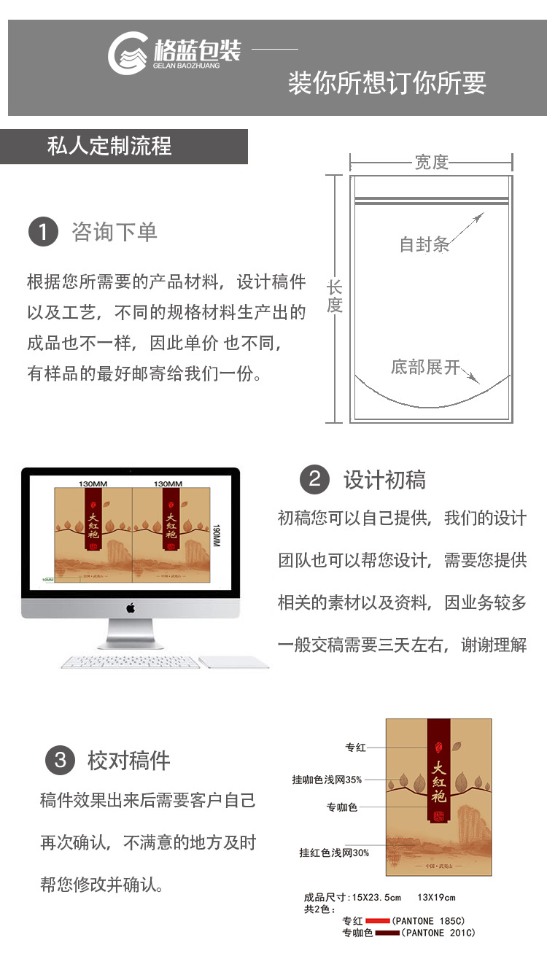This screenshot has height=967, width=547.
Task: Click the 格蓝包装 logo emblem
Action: click(129, 54)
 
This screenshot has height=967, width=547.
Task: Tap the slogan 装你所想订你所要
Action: click(387, 83)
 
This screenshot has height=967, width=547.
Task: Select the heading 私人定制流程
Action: click(109, 147)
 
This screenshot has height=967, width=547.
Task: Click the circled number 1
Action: click(43, 232)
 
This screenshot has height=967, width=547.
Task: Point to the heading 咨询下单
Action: click(115, 232)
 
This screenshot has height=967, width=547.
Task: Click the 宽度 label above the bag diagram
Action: click(431, 162)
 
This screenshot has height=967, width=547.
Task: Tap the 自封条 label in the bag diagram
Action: click(424, 245)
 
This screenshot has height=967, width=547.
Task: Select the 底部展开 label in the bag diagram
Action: click(425, 367)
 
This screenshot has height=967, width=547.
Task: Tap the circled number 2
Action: click(314, 479)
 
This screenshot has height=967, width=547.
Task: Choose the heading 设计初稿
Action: click(384, 480)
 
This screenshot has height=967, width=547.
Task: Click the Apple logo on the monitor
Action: click(131, 607)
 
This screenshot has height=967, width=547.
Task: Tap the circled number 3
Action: click(60, 761)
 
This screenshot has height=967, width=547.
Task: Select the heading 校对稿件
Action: click(129, 761)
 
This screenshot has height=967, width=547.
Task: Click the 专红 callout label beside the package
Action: click(355, 747)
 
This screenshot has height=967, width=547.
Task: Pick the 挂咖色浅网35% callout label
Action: click(327, 780)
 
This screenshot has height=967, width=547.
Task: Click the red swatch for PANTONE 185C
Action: click(378, 921)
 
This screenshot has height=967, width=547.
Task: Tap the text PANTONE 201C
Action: click(439, 933)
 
